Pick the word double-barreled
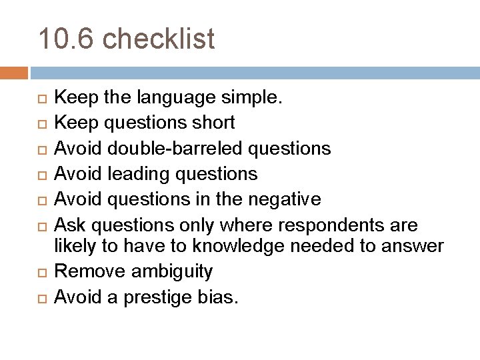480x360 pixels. [165, 147]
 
